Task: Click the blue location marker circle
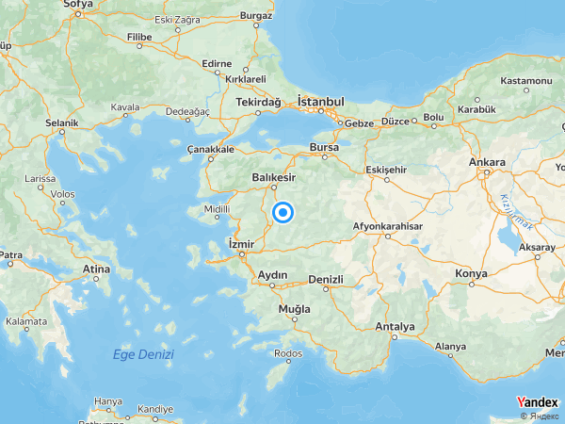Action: pos(282,213)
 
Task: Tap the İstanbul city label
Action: pos(321,101)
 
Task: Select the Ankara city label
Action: pos(487,162)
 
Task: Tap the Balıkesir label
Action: pos(274,176)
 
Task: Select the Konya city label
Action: pos(471,273)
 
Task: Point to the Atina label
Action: pos(97,269)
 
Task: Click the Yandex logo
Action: pos(537,402)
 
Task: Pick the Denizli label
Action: pos(326,279)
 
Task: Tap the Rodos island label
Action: pos(287,353)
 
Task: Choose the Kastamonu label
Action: pos(527,81)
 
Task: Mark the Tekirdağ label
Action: pos(259,101)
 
